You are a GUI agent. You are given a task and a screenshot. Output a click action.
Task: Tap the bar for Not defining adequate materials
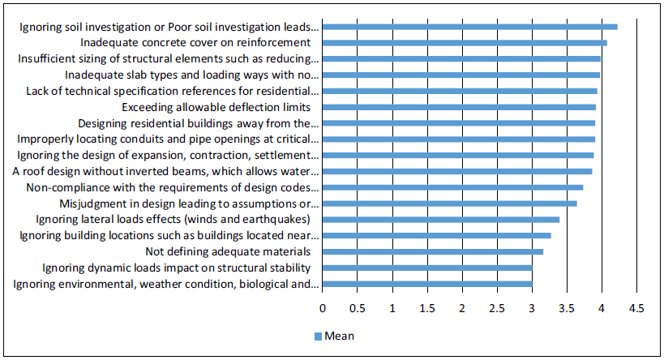[x=433, y=251]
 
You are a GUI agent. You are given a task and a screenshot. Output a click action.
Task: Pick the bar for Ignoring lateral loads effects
[x=441, y=219]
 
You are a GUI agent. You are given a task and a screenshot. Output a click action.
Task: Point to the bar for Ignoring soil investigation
[x=470, y=27]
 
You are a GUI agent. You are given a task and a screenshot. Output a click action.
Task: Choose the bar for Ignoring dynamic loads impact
[x=427, y=268]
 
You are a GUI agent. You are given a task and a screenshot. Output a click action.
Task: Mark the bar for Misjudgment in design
[x=450, y=204]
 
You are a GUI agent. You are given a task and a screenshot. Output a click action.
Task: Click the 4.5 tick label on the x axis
[x=636, y=309]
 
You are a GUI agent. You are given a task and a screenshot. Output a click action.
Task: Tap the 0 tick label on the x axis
[x=323, y=309]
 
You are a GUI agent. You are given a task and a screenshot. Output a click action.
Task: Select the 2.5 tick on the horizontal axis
[x=497, y=309]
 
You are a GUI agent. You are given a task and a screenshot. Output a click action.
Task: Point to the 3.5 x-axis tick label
[x=566, y=309]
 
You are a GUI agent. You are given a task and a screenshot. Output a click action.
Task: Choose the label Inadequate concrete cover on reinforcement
[x=196, y=42]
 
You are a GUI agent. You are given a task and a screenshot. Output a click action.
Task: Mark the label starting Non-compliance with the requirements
[x=172, y=187]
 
